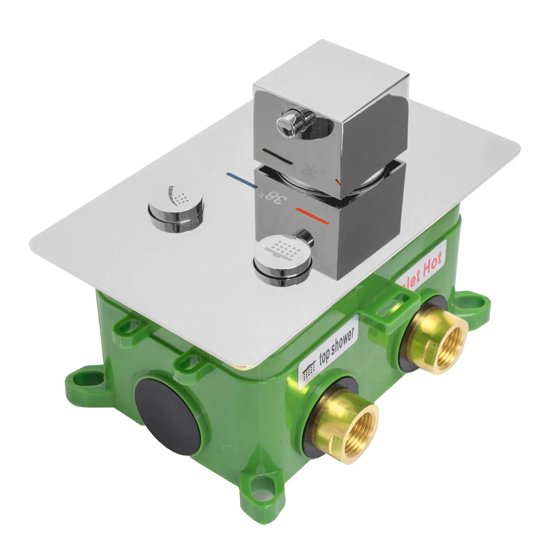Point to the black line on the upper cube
click(x=278, y=156)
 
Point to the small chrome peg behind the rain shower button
click(x=305, y=235)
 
